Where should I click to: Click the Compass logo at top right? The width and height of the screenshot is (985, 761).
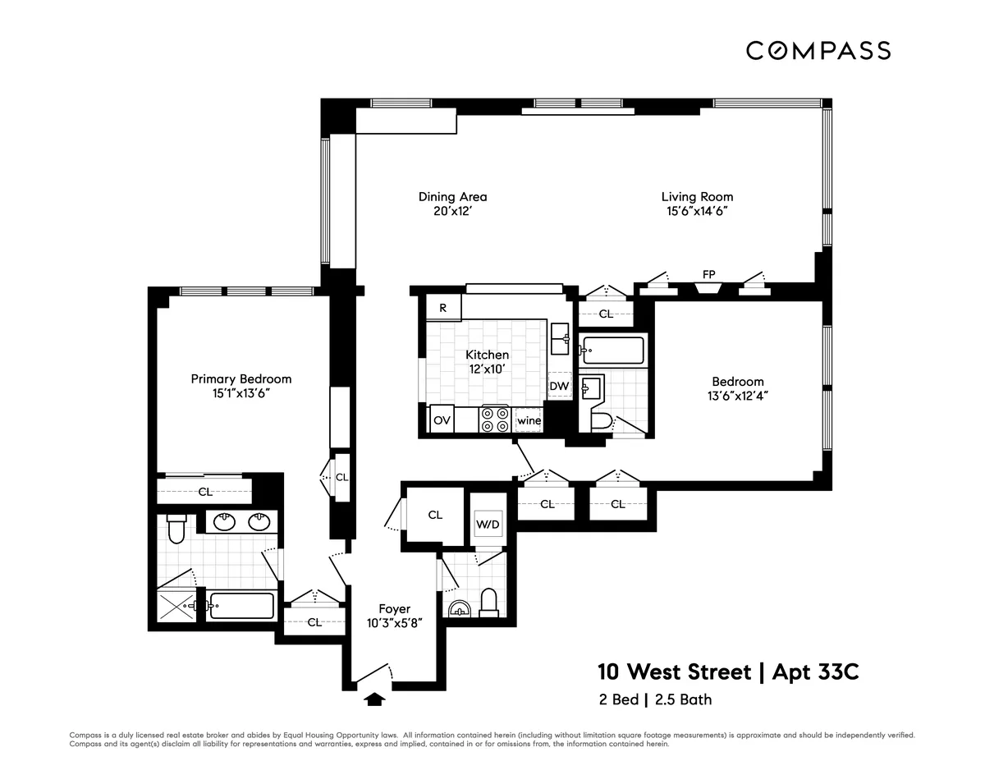click(818, 51)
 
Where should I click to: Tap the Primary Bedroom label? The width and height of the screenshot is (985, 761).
click(241, 379)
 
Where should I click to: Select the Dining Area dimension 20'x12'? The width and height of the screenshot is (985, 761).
click(452, 212)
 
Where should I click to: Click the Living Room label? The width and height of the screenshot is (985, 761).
click(697, 197)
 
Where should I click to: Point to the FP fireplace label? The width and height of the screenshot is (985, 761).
click(708, 273)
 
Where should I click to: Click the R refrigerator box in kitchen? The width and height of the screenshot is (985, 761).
click(443, 309)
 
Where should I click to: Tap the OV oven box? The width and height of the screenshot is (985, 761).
click(442, 420)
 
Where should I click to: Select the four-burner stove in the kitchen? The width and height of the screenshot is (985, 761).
click(495, 419)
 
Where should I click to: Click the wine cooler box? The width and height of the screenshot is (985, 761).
click(529, 421)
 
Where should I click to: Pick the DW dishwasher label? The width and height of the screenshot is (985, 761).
click(559, 386)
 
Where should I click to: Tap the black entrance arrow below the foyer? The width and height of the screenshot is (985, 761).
click(374, 699)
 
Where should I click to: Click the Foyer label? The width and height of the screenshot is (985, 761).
click(394, 608)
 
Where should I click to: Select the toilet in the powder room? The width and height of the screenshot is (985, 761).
click(489, 602)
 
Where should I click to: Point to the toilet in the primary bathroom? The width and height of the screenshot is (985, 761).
click(176, 529)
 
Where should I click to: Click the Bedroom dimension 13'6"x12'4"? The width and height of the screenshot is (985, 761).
click(737, 395)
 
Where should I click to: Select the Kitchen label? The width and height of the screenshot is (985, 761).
click(487, 355)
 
